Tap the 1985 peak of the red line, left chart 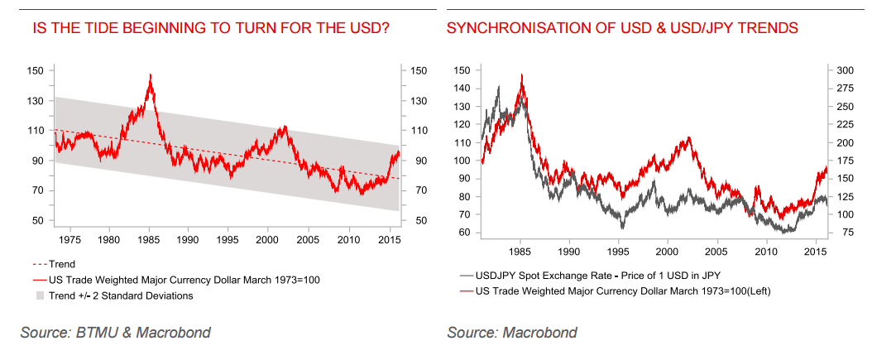point(150,75)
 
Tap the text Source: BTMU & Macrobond point(116,333)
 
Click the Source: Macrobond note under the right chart point(512,333)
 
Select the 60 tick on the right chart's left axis point(462,233)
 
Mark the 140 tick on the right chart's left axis point(460,88)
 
